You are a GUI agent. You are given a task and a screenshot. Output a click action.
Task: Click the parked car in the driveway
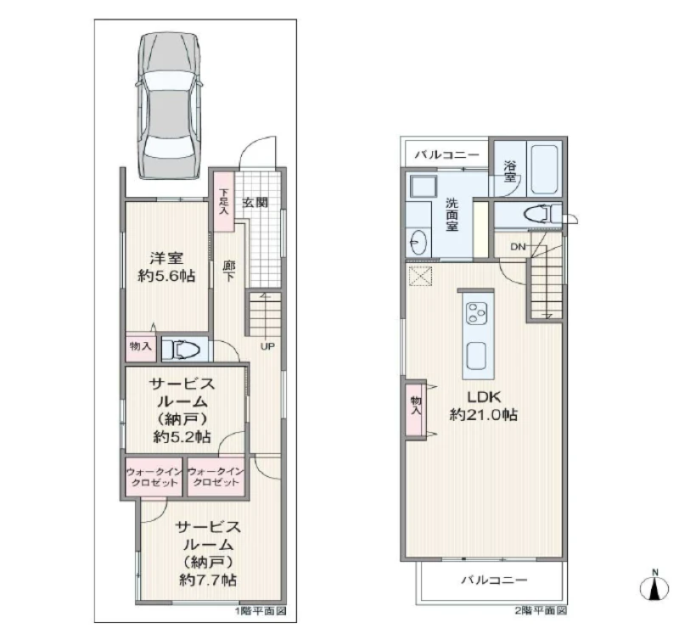169,105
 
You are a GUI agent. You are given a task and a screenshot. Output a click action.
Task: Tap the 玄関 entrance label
255,202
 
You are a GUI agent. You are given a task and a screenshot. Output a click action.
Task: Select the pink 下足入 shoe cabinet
223,202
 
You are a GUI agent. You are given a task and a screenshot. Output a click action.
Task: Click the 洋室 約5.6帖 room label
166,266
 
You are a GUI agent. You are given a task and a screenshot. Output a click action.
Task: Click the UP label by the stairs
267,346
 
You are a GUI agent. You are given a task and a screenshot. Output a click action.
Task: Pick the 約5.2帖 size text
182,437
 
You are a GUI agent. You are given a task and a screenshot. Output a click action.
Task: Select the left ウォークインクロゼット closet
154,477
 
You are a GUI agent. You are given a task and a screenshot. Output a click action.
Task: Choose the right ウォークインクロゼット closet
216,477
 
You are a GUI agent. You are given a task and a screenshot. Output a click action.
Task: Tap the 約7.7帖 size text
208,580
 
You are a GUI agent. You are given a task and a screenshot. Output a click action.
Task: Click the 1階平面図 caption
261,611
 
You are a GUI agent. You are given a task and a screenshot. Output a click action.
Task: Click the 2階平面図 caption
541,611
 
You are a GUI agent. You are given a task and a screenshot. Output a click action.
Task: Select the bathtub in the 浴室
544,169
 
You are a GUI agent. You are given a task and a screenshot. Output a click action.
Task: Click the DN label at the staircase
518,247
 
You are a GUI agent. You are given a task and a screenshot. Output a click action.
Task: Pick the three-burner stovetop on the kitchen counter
476,312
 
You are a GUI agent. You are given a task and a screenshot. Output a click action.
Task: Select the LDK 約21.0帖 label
484,406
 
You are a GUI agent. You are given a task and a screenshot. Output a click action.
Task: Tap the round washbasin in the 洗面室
418,242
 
